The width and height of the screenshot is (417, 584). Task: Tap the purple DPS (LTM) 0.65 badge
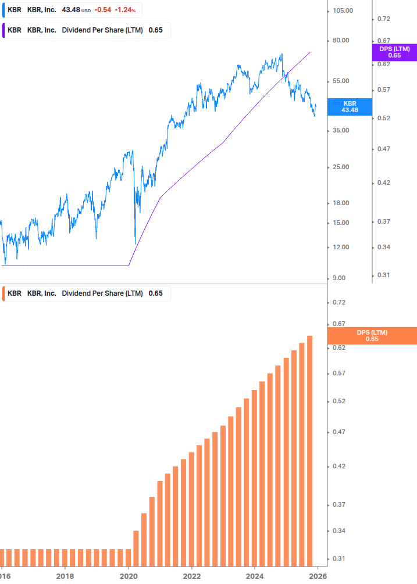[x=394, y=52]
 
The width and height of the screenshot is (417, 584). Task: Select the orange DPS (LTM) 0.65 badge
[x=372, y=335]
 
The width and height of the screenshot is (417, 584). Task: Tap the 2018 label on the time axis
[x=65, y=576]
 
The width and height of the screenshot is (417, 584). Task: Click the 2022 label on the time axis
[x=191, y=576]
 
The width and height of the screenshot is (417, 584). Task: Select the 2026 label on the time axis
[x=317, y=576]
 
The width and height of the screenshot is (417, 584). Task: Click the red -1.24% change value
[x=125, y=10]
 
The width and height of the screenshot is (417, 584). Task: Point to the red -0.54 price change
[x=102, y=10]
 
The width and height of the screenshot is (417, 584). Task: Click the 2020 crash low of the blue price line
[x=135, y=243]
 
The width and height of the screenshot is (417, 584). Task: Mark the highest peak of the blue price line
[x=281, y=54]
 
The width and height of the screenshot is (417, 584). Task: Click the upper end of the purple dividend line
[x=310, y=52]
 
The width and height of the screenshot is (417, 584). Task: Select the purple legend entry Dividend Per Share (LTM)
[x=102, y=30]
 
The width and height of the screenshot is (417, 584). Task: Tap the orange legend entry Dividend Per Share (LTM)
[x=102, y=293]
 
